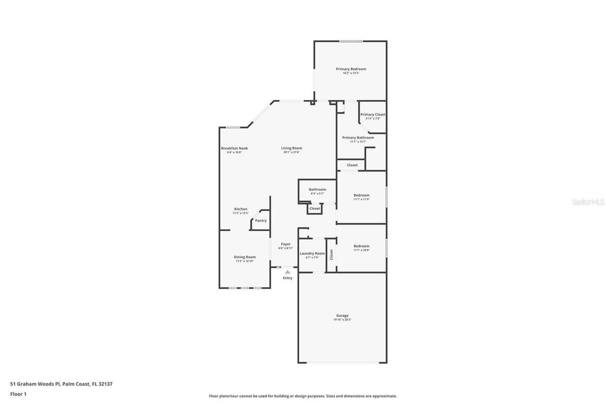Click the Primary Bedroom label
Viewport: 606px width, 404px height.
coord(351,69)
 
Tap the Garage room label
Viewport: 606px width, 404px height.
coord(342,315)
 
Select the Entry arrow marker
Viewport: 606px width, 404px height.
coord(287,272)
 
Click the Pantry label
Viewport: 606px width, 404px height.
coord(261,221)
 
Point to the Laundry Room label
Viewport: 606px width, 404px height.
coord(312,253)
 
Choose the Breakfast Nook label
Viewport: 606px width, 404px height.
coord(234,148)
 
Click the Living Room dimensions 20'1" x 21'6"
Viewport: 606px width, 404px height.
coord(293,152)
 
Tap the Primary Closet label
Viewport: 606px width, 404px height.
coord(373,115)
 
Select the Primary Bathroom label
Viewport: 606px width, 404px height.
coord(358,138)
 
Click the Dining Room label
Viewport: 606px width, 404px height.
coord(245,257)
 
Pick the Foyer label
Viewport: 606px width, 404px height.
coord(285,244)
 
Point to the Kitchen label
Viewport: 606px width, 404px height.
coord(241,209)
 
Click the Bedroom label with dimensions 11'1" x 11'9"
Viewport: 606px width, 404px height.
coord(361,195)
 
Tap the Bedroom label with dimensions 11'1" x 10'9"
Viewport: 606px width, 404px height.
coord(361,246)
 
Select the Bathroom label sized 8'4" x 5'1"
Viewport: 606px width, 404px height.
coord(317,189)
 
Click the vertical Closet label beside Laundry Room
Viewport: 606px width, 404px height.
coord(331,255)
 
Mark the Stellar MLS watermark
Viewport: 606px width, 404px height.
coord(588,202)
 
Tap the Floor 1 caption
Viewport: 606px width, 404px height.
coord(18,394)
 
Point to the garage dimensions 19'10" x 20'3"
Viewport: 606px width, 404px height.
coord(342,320)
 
